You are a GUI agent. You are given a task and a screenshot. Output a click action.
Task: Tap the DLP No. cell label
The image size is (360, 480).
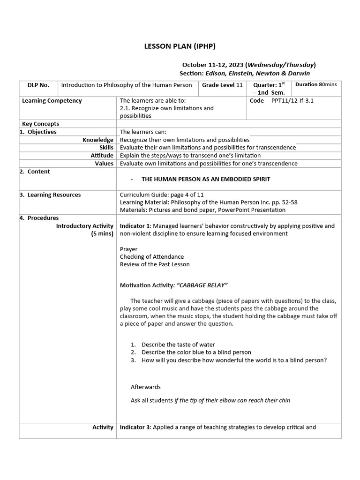[x=38, y=85]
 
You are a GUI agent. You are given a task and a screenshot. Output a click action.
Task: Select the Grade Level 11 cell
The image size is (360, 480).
[x=222, y=85]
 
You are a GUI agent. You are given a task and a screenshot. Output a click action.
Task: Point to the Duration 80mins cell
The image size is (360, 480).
[x=316, y=85]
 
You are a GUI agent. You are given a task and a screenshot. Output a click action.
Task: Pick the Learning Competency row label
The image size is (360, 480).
[x=52, y=101]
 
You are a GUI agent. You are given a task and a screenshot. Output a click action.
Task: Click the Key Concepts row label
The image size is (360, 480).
[x=41, y=124]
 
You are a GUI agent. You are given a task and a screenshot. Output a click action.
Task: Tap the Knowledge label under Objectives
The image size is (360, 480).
[x=98, y=140]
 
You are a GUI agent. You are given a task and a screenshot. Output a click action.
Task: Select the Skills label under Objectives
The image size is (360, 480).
[x=105, y=148]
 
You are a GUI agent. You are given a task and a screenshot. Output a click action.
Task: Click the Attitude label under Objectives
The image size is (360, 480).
[x=102, y=156]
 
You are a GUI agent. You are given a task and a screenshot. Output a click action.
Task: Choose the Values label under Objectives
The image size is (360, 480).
[x=104, y=164]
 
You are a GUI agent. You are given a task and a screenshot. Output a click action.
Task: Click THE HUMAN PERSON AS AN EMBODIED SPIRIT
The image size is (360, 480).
[x=206, y=180]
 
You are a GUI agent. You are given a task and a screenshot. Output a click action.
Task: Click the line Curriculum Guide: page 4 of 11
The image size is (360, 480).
[x=162, y=195]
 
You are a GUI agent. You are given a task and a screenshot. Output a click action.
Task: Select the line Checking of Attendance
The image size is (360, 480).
[x=152, y=257]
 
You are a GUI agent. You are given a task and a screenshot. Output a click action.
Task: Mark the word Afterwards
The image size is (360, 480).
[x=146, y=387]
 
